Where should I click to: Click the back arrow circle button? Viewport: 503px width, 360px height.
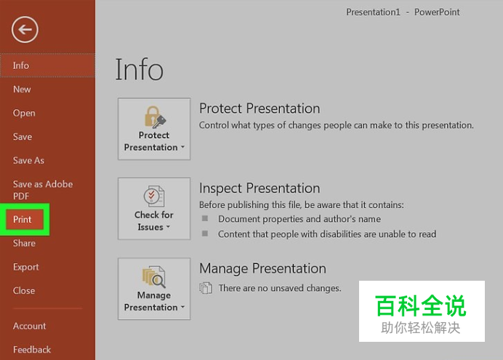[x=25, y=30]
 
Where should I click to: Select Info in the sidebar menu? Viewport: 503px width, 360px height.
[x=21, y=65]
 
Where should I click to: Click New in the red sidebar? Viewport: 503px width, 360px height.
[x=22, y=89]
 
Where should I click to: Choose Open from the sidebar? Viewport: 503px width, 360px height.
[x=24, y=113]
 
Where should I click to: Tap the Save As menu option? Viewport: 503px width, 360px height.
[x=28, y=161]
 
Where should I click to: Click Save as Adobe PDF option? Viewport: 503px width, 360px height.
[x=43, y=190]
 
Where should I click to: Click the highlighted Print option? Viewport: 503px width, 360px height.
[x=22, y=220]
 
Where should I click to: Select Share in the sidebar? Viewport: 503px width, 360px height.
[x=24, y=243]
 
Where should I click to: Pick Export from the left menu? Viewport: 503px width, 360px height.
[x=25, y=267]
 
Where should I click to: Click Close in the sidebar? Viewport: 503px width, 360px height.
[x=24, y=291]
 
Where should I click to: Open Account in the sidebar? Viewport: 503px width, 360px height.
[x=29, y=326]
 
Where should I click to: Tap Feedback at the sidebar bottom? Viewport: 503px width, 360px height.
[x=32, y=350]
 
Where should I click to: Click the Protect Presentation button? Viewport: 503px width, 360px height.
[x=154, y=129]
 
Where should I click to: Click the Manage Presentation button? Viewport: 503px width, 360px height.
[x=154, y=289]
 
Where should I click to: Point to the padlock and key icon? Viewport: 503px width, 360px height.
[x=155, y=117]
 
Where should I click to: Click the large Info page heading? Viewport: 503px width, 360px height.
[x=140, y=69]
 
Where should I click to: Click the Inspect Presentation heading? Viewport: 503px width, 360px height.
[x=259, y=188]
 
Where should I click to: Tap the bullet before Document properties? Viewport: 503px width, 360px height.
[x=205, y=218]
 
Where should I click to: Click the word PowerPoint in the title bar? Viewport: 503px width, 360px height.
[x=437, y=12]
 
